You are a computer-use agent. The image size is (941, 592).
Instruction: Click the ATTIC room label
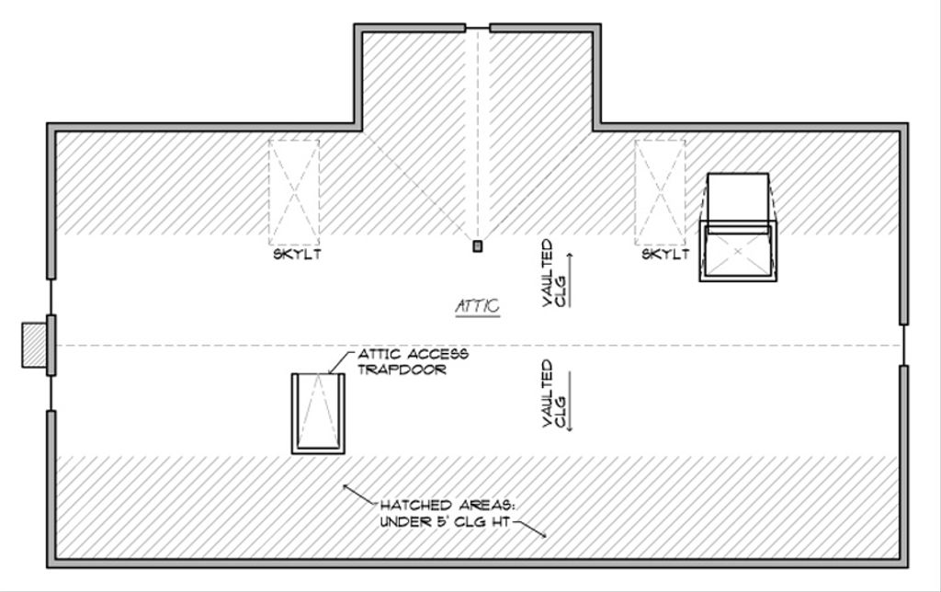coord(478,306)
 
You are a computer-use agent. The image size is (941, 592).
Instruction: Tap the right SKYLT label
coord(664,255)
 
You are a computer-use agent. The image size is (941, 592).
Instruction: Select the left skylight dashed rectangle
coord(293,191)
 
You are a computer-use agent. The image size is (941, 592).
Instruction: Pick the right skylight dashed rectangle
coord(660,191)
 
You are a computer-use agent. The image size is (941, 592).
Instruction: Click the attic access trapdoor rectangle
coord(318,413)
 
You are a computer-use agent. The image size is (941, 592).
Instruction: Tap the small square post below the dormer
coord(477,245)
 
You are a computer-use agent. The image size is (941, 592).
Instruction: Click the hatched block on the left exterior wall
coord(34,345)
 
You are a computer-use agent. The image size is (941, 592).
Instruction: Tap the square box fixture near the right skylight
coord(738,249)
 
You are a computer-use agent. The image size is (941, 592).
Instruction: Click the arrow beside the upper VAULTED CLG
coord(570,278)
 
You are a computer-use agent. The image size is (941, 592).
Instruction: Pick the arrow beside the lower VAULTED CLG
coord(570,402)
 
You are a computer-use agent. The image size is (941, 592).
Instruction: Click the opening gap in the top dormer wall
coord(477,28)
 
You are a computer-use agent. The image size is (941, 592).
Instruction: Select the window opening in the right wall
coord(904,345)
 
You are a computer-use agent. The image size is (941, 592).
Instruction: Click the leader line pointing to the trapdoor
coord(338,362)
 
